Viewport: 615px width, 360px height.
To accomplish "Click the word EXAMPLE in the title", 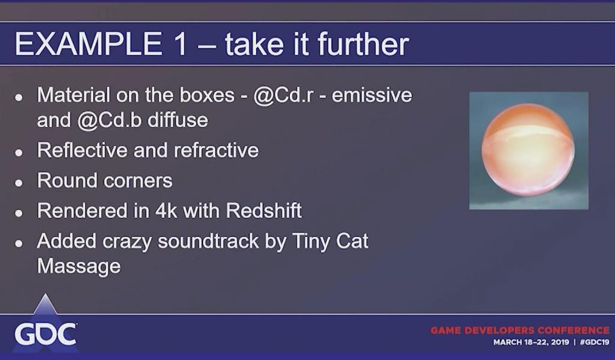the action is [88, 44].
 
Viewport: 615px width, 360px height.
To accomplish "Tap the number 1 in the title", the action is [181, 44].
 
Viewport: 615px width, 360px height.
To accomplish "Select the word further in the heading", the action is [363, 44].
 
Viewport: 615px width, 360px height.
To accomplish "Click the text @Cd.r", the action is [283, 96].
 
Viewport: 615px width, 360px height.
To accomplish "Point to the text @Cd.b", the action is [109, 120].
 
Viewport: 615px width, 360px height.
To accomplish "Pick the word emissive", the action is [372, 96].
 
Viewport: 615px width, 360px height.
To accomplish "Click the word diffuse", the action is [178, 120].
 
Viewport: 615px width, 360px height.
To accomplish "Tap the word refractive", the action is [216, 150].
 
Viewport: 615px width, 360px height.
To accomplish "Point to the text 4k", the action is [166, 211].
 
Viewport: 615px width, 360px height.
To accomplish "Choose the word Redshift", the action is [264, 211].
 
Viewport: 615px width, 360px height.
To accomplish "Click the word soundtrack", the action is [208, 241].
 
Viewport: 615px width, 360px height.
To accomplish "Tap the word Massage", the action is [79, 267].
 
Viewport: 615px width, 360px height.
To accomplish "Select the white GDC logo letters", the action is [46, 335].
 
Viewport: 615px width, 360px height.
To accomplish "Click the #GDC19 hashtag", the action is [594, 343].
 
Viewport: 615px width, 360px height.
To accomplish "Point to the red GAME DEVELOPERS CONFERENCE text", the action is [520, 330].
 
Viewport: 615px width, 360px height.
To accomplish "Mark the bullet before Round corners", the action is [19, 183].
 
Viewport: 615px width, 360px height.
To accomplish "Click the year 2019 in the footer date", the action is [560, 343].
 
